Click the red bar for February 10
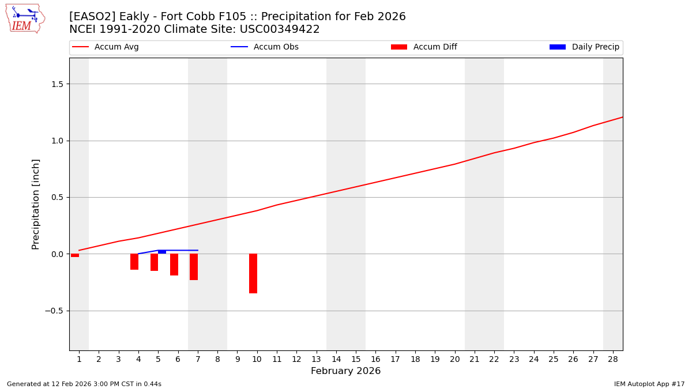pos(253,273)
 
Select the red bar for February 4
pos(134,262)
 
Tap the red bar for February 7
pos(194,267)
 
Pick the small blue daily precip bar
pos(162,252)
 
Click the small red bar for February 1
pos(75,255)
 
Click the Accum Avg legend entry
pos(106,47)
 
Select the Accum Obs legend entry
pos(265,47)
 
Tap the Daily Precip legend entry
pos(585,47)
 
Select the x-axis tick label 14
pos(336,359)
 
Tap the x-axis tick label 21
pos(475,359)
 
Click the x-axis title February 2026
pos(345,371)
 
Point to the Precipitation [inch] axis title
pos(36,204)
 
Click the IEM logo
pos(25,18)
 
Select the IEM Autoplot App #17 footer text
pos(649,384)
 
